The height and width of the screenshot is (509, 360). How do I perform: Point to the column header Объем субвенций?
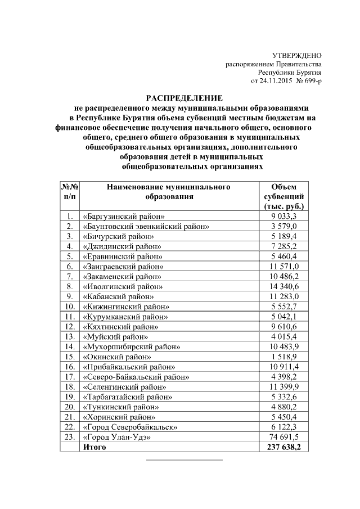[x=284, y=196]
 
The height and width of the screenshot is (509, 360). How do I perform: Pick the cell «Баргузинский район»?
[x=124, y=216]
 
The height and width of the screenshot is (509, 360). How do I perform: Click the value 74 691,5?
[x=284, y=436]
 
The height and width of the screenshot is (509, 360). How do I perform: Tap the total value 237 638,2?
[x=284, y=447]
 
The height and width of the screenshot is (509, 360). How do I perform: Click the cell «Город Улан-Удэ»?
[x=117, y=436]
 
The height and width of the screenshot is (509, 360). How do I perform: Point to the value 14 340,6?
[x=284, y=286]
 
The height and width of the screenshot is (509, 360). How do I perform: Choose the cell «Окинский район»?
[x=116, y=356]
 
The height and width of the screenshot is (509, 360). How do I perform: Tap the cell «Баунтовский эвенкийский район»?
[x=146, y=226]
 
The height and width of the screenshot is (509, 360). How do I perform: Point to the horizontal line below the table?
[x=184, y=460]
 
